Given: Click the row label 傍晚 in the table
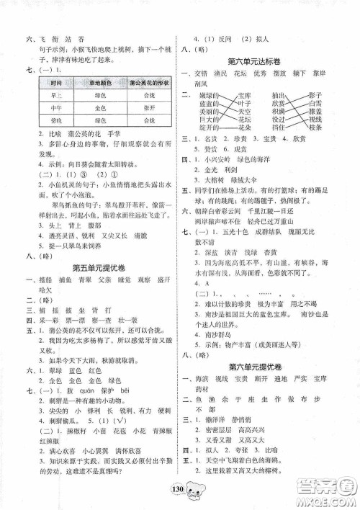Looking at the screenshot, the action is [53, 120].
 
